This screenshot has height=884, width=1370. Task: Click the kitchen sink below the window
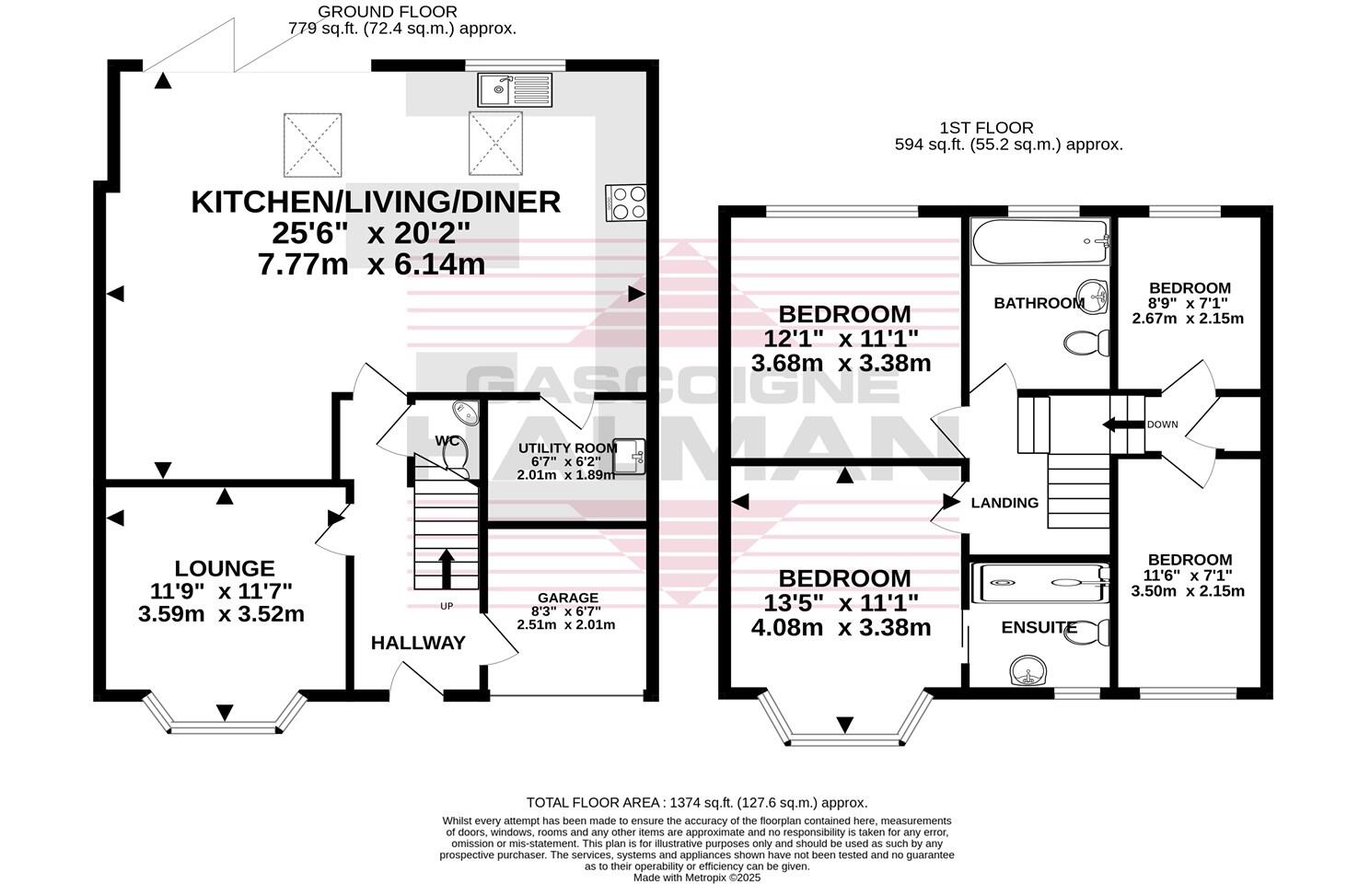point(515,89)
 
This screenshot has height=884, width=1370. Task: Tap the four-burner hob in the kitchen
point(626,203)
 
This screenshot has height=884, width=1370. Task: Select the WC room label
point(447,440)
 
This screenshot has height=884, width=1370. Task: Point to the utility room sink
point(629,457)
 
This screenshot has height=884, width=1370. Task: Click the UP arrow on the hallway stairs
point(447,568)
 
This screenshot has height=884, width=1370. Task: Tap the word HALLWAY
point(418,643)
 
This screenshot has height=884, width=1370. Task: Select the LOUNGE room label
point(225,569)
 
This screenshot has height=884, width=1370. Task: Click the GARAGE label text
point(568,598)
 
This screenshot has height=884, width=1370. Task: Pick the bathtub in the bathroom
point(1040,242)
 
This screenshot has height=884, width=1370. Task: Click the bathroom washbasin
point(1092,297)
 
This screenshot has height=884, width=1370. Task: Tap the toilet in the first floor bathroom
point(1087,343)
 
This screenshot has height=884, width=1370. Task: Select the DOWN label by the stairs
point(1162,425)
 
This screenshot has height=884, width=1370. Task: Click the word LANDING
point(1004,503)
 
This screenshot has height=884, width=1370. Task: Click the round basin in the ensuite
point(1028,671)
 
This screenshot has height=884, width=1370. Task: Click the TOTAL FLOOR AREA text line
point(697,803)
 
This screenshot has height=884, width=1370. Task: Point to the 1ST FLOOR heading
point(986,128)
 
